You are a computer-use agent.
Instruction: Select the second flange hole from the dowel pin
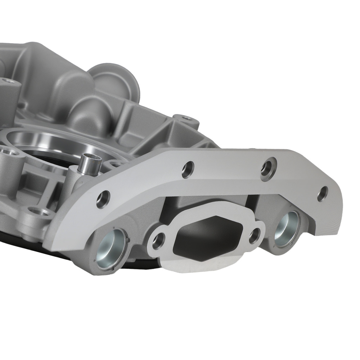point(188,168)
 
